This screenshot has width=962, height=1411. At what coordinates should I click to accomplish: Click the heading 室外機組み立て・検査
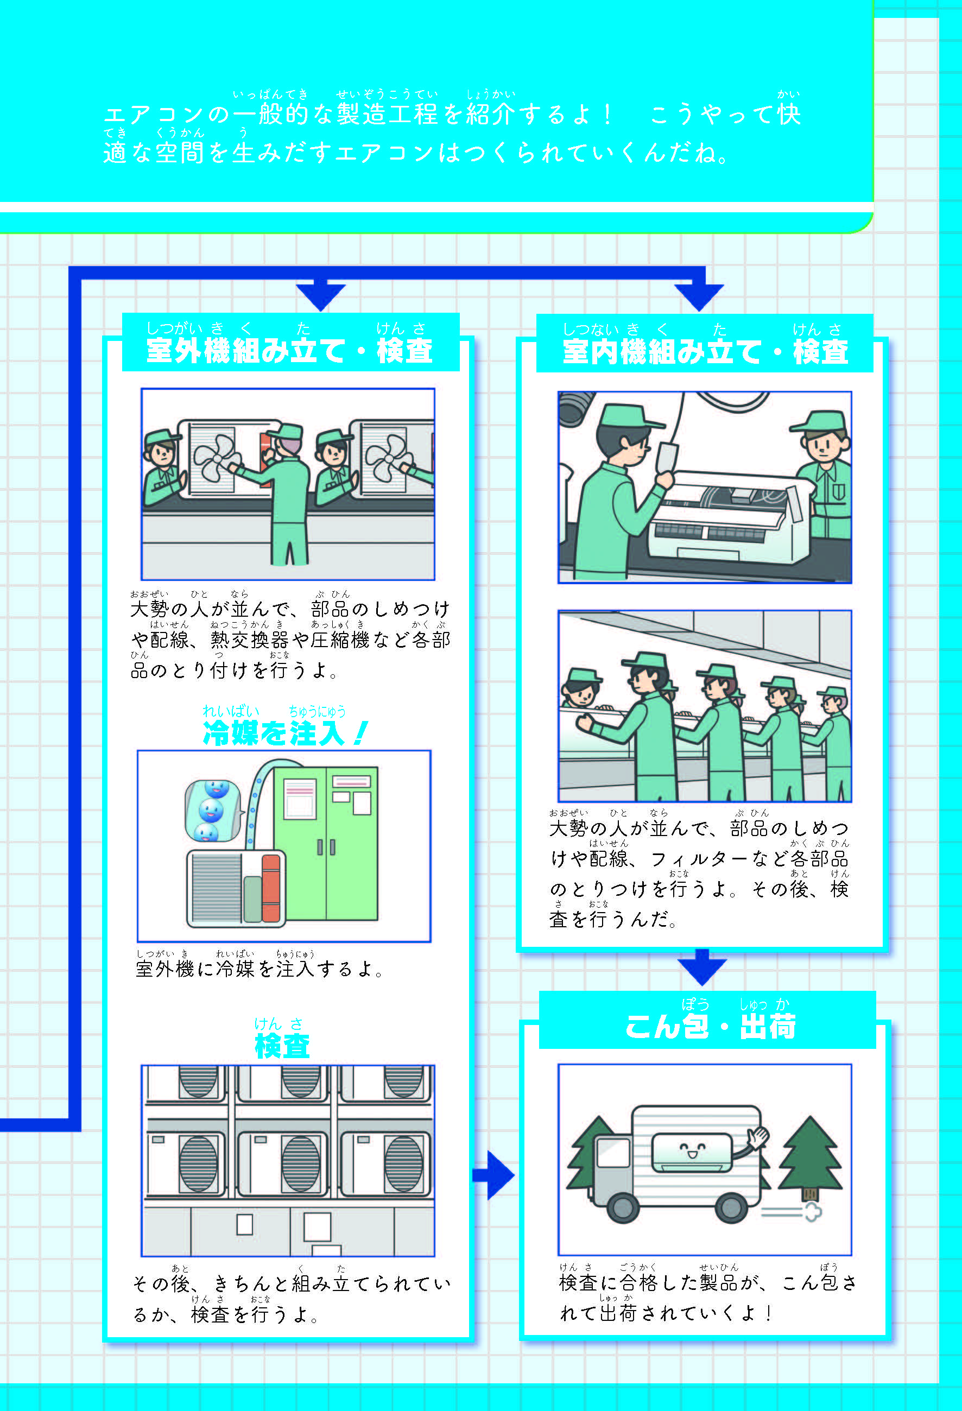coord(289,350)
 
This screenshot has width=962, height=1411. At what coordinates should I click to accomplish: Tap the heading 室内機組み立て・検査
coord(705,352)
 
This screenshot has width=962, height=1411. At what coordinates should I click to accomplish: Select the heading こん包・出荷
coord(710,1027)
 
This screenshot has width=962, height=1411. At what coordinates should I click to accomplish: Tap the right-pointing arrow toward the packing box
coord(494,1175)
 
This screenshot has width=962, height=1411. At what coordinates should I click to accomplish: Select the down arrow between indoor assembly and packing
coord(701,966)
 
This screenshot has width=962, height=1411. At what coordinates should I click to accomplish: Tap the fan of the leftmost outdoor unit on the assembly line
coord(214,459)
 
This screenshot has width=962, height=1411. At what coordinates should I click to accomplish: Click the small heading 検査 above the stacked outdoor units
coord(282,1046)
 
